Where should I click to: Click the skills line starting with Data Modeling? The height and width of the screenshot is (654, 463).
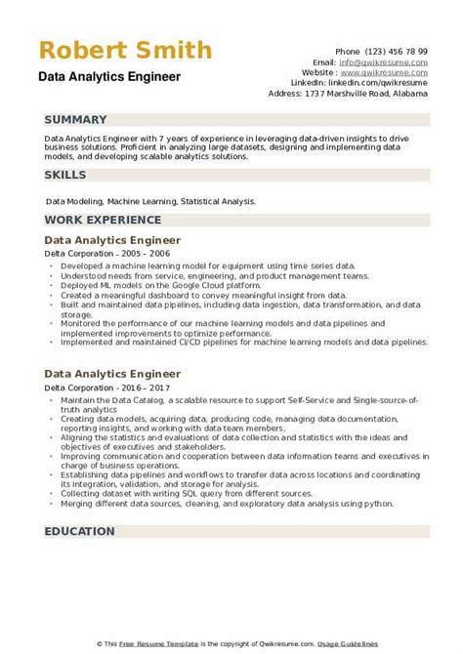point(150,201)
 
